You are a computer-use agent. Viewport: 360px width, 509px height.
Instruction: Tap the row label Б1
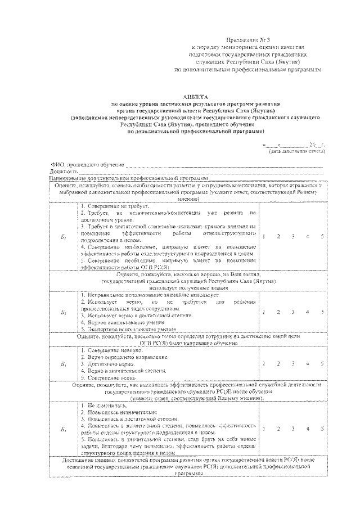click(x=64, y=237)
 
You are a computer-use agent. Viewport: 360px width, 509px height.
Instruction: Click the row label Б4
click(x=64, y=429)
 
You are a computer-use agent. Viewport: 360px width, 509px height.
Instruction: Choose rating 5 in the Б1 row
click(x=322, y=236)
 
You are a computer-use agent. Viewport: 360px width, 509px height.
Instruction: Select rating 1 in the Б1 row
click(x=263, y=236)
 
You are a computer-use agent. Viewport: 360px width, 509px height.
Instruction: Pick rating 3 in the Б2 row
click(x=292, y=312)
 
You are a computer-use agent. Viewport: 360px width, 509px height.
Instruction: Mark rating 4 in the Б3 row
click(x=307, y=364)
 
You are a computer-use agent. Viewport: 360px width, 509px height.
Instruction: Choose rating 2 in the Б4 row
click(x=278, y=429)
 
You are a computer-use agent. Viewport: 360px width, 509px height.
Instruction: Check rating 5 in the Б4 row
click(x=322, y=429)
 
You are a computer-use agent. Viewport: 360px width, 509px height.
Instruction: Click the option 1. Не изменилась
click(x=101, y=405)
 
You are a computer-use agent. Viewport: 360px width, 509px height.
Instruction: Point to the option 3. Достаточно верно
click(x=103, y=364)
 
